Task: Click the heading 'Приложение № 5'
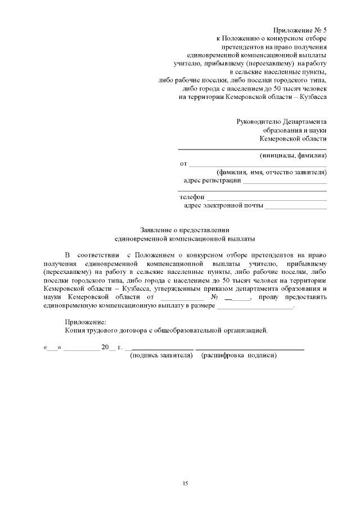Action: point(300,30)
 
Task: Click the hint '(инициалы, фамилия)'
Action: point(293,155)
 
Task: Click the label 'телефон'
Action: point(192,197)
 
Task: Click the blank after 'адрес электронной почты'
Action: point(296,208)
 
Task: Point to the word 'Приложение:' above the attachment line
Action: point(85,322)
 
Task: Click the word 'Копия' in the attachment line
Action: point(75,331)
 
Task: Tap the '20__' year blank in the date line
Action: point(108,348)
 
